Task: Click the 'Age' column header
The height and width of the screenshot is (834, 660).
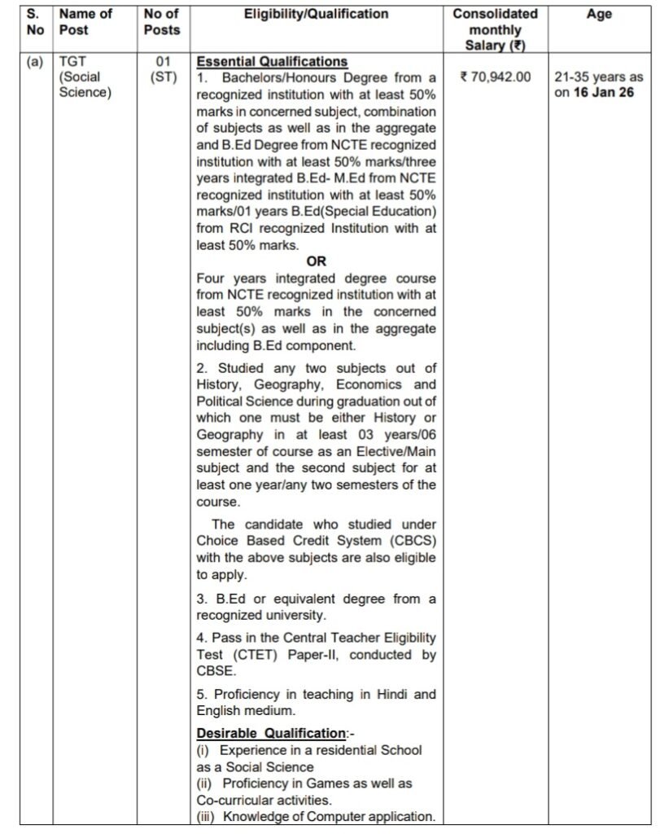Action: [x=599, y=15]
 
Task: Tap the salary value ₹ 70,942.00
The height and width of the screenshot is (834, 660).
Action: [x=496, y=77]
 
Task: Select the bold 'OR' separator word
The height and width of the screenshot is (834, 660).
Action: [x=316, y=262]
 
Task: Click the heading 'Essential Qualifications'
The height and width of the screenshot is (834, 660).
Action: [x=273, y=62]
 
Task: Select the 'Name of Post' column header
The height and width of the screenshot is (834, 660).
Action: [x=85, y=22]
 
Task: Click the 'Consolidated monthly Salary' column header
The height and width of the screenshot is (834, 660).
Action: [x=496, y=29]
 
